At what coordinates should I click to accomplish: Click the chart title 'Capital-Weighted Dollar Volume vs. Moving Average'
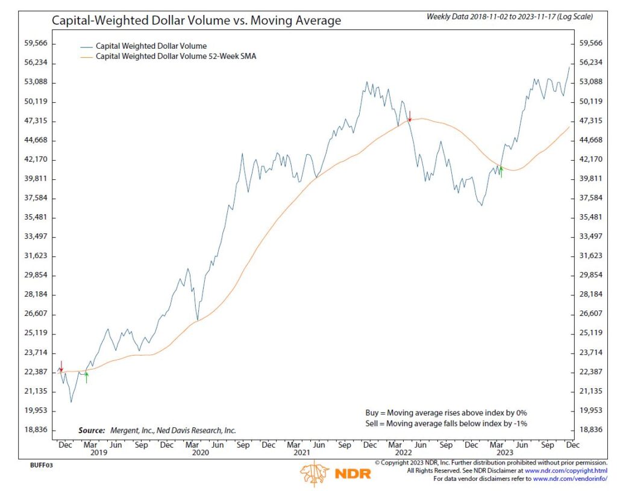(196, 21)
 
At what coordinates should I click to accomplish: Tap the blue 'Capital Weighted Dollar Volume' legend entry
(151, 46)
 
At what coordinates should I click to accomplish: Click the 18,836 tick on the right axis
(591, 430)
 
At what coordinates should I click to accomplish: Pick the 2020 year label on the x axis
(200, 453)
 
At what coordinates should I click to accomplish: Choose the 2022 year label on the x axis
(403, 453)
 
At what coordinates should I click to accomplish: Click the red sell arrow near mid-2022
(410, 116)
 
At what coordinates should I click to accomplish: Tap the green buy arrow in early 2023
(501, 171)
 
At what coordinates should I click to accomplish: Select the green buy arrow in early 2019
(86, 377)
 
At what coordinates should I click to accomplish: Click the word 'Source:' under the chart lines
(92, 431)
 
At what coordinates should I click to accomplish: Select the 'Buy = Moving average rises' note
(446, 413)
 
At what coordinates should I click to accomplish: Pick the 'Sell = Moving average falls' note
(446, 424)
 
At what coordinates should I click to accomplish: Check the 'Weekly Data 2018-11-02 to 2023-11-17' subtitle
(509, 17)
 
